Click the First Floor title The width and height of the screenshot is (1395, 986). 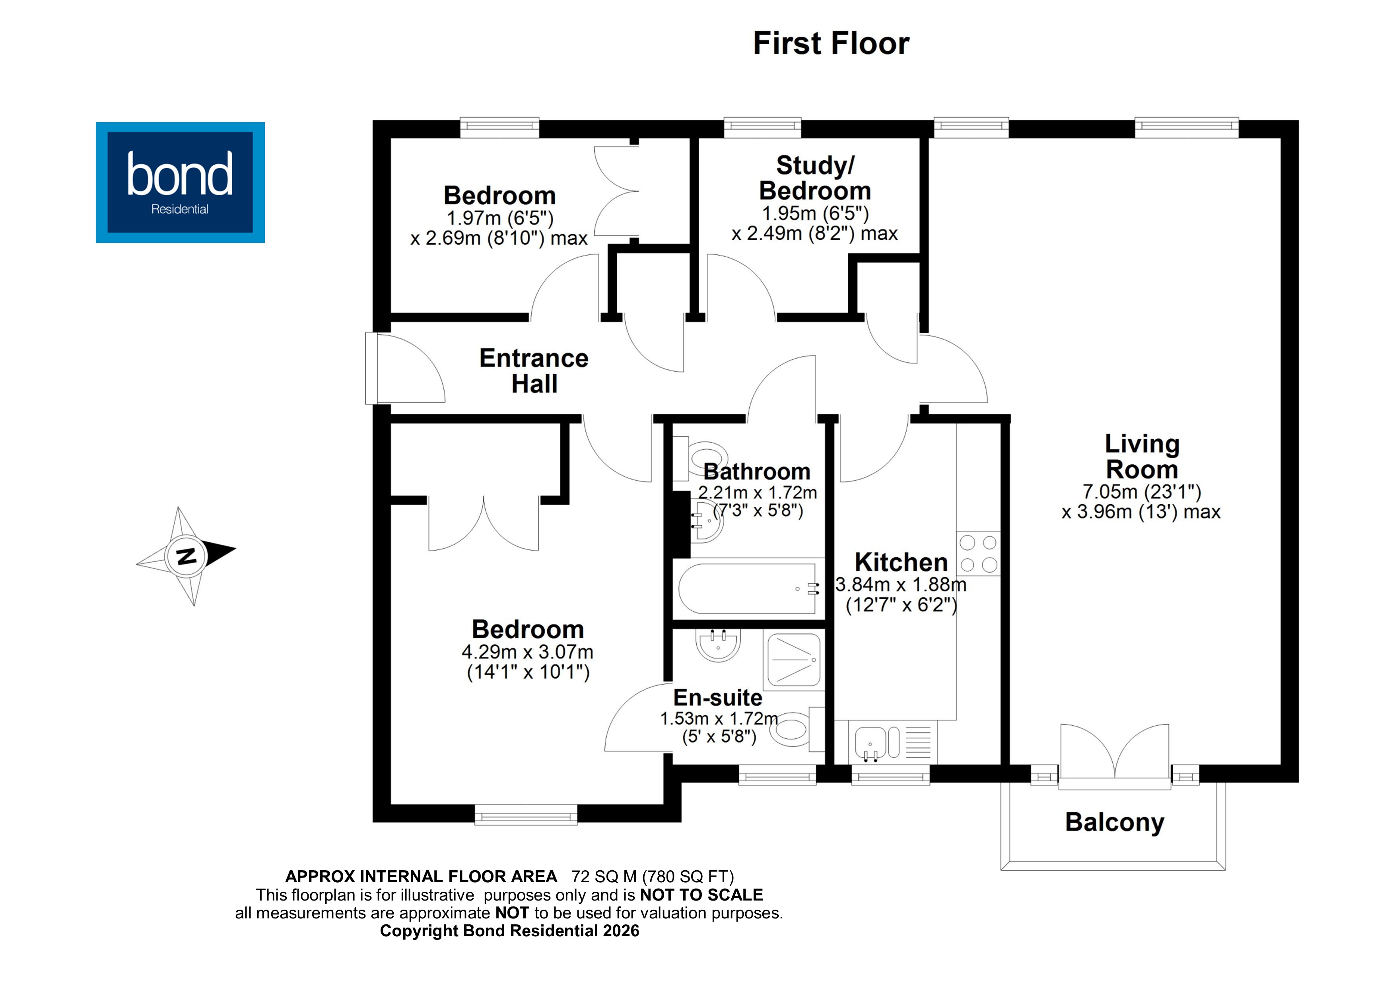pos(831,44)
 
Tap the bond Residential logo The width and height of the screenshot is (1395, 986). pos(180,182)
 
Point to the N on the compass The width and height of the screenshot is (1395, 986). pos(186,555)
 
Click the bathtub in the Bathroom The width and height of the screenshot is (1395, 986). pos(747,589)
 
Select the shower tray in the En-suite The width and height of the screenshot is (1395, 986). pos(793,660)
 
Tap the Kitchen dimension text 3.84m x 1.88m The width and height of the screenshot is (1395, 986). pos(900,584)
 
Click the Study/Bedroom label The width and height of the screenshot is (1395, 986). pos(815,178)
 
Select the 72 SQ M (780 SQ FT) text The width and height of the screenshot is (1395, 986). pos(653,877)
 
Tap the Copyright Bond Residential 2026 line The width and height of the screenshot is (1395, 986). pos(509,931)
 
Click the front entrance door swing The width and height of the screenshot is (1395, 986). pos(407,371)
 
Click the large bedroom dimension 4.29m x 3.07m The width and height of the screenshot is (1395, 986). pos(527,652)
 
